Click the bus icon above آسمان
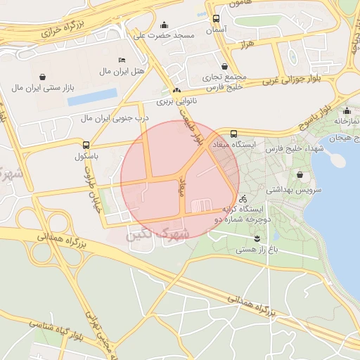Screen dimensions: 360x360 pos(215,19)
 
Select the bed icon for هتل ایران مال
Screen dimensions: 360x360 pos(122,60)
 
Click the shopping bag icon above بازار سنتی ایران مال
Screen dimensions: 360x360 pos(44,76)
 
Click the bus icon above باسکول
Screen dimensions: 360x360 pos(86,144)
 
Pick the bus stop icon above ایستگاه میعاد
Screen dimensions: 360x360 pos(233,133)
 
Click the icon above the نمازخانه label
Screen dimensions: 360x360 pos(347,110)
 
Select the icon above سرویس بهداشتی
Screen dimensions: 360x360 pos(301,175)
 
